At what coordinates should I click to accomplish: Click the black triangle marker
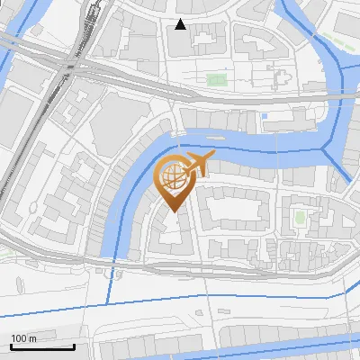click(181, 25)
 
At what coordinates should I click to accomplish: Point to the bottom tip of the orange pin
click(173, 212)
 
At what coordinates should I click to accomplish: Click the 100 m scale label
click(23, 338)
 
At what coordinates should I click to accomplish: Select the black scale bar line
click(41, 346)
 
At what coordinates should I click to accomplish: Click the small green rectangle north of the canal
click(216, 80)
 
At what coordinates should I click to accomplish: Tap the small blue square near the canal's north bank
click(264, 115)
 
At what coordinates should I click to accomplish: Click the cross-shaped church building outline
click(279, 79)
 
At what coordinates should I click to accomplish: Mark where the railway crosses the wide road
click(69, 63)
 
